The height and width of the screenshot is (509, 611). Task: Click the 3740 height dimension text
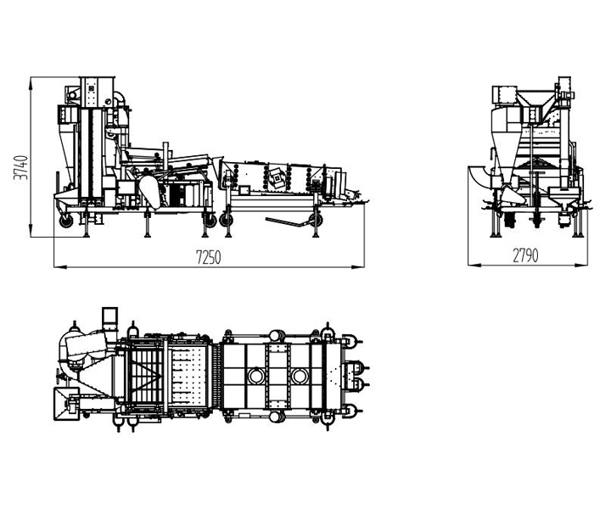point(20,167)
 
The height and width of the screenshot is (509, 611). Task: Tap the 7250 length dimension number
point(208,257)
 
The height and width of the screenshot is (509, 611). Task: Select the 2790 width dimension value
point(525,255)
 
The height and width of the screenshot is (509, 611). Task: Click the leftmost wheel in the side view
point(66,221)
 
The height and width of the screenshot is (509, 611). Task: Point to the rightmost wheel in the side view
point(316,220)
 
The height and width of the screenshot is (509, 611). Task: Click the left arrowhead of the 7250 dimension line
point(59,266)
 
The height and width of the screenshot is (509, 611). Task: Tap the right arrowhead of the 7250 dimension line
point(358,266)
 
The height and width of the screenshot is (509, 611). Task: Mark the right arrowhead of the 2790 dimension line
point(581,266)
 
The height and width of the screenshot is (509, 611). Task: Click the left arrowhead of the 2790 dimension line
point(474,266)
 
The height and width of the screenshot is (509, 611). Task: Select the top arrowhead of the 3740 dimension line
point(30,83)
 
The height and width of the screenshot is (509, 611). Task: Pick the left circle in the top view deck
point(256,376)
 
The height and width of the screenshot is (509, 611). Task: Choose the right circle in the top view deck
point(300,376)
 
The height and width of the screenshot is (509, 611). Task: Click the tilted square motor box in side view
point(277,178)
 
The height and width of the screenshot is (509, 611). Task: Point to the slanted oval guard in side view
point(150,191)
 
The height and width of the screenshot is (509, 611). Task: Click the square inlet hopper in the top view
point(66,404)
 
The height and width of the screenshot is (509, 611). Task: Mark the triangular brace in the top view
point(144,376)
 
